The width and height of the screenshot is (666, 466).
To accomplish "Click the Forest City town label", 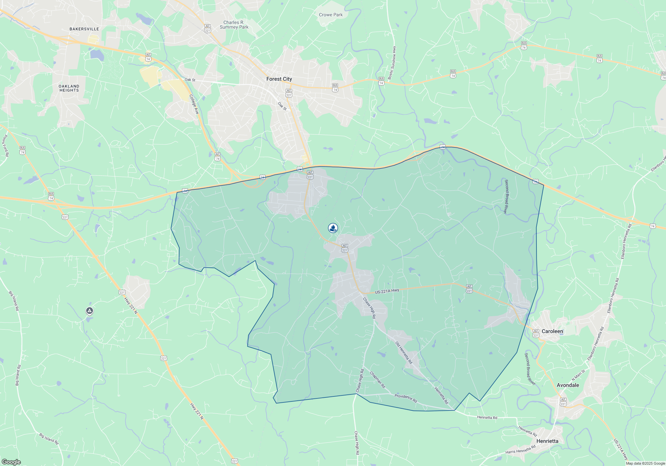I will pyautogui.click(x=279, y=79).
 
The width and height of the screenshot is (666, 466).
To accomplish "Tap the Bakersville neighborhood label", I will pyautogui.click(x=84, y=29).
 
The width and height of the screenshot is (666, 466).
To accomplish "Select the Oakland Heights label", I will pyautogui.click(x=69, y=88).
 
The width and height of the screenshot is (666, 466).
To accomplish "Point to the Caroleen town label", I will pyautogui.click(x=552, y=331).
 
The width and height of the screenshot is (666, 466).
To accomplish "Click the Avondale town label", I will pyautogui.click(x=568, y=385).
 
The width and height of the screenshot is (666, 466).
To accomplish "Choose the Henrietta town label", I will pyautogui.click(x=547, y=441).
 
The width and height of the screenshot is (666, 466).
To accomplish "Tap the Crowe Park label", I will pyautogui.click(x=331, y=15).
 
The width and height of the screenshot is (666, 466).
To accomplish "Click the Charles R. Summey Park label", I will pyautogui.click(x=234, y=25).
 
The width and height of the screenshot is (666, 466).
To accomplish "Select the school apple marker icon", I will pyautogui.click(x=333, y=228).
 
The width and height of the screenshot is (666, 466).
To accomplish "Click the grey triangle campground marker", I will pyautogui.click(x=89, y=311).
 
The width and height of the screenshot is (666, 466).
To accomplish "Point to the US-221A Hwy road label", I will pyautogui.click(x=387, y=291).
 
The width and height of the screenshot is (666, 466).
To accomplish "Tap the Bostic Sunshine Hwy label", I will pyautogui.click(x=392, y=63).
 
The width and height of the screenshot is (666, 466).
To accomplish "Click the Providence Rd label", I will pyautogui.click(x=406, y=398).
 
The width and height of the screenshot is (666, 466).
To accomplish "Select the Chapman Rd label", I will pyautogui.click(x=378, y=380).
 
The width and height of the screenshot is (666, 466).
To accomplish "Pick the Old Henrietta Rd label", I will pyautogui.click(x=404, y=352).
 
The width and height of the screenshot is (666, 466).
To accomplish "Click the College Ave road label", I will pyautogui.click(x=194, y=105).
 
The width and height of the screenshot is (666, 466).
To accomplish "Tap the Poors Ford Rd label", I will pyautogui.click(x=5, y=145).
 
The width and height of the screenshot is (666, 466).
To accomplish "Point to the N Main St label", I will pyautogui.click(x=578, y=375).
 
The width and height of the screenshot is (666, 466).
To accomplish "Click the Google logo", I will pyautogui.click(x=11, y=462).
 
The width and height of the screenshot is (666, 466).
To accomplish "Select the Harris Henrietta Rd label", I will pyautogui.click(x=520, y=449).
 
